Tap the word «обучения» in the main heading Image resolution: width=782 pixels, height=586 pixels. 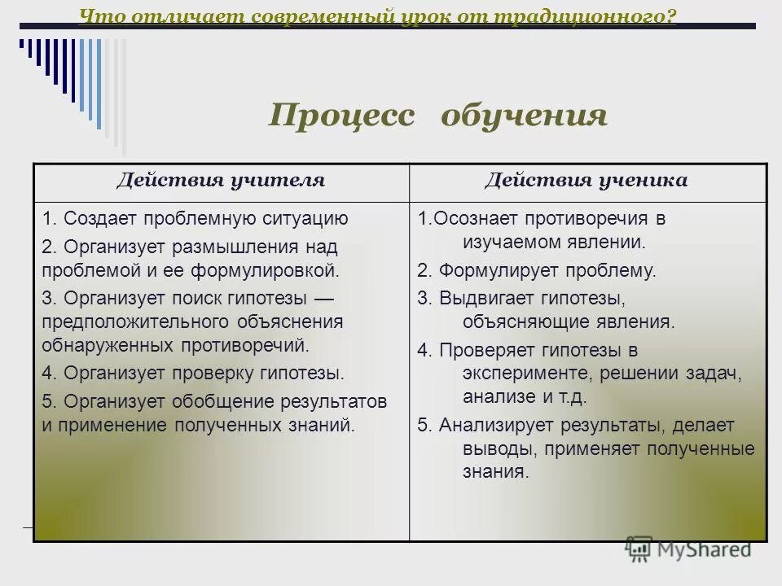point(524,116)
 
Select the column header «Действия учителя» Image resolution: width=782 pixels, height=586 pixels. point(220,181)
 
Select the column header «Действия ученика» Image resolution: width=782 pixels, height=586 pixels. point(586,181)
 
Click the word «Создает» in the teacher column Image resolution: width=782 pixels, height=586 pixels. point(101,218)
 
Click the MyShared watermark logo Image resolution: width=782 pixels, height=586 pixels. point(688,549)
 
